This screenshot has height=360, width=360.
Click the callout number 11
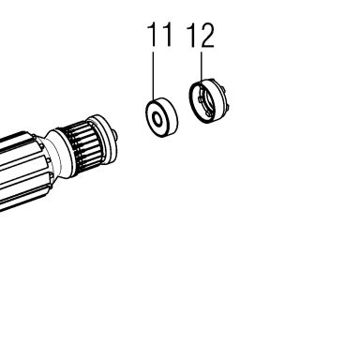[x=159, y=35]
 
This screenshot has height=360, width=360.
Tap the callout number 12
[x=201, y=36]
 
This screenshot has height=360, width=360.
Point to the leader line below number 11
[x=153, y=76]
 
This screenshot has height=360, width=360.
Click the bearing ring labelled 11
[x=162, y=117]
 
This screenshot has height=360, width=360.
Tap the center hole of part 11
[x=157, y=120]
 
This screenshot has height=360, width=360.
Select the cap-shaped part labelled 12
[x=209, y=100]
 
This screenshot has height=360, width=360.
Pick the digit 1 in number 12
[x=191, y=36]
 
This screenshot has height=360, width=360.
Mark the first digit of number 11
[x=152, y=35]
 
